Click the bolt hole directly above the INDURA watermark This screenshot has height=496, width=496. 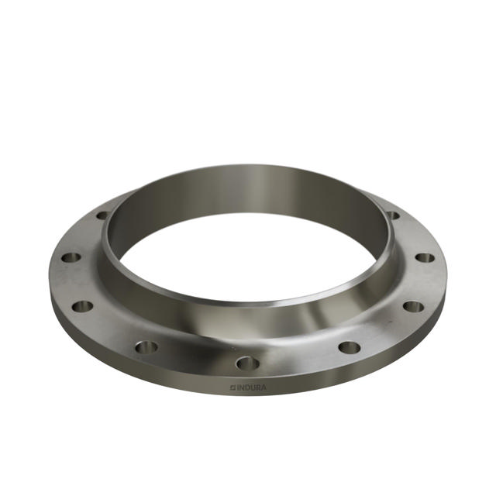coord(247,362)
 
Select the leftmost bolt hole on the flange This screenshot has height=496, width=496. coord(71,257)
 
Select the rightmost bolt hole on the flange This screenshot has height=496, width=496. coord(424,257)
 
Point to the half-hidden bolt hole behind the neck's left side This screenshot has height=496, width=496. coord(102,215)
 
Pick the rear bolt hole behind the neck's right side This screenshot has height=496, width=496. coord(393,215)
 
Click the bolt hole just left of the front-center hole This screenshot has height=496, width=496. coord(146,346)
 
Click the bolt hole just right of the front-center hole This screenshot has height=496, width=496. coord(350,346)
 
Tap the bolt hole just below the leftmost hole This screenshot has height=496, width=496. coord(83,306)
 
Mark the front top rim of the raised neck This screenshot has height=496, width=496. coord(248,302)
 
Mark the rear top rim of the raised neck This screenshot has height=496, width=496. coord(248,166)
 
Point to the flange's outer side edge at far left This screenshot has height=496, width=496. coord(53,291)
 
